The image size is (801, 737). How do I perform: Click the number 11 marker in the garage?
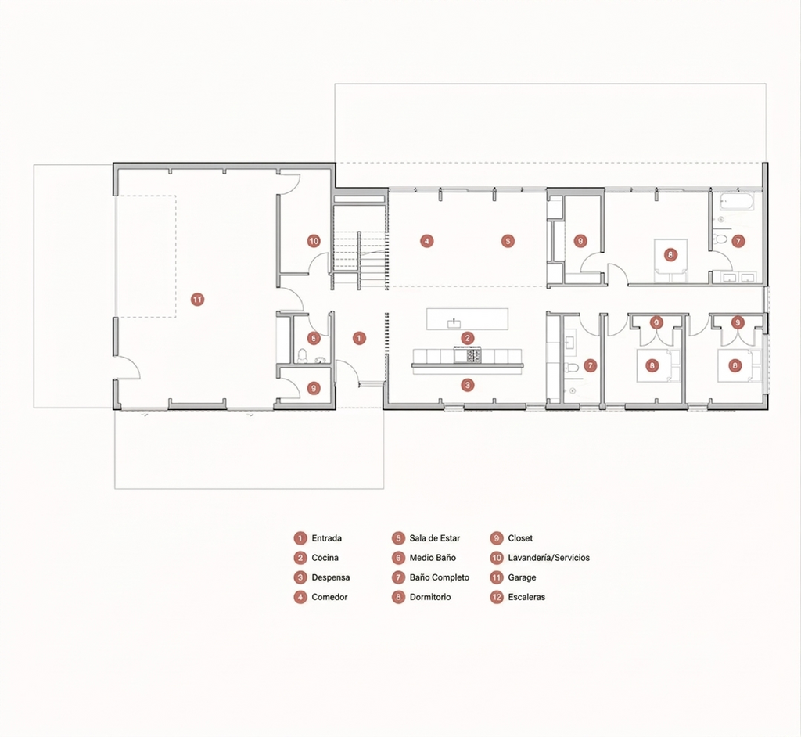tap(197, 300)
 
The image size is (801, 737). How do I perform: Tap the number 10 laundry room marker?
tap(314, 241)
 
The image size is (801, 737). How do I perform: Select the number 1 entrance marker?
tap(359, 338)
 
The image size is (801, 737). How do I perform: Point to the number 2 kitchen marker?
tap(468, 338)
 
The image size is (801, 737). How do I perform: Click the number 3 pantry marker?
tap(468, 385)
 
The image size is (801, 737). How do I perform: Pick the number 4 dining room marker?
tap(426, 241)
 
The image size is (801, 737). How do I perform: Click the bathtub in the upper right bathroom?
tap(736, 203)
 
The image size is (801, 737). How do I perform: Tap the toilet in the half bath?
tap(302, 356)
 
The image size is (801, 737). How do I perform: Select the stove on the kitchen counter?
tap(468, 354)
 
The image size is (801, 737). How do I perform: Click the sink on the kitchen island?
tap(454, 323)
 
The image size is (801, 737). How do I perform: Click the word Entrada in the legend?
tap(326, 538)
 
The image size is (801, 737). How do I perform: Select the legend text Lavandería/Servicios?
tap(548, 558)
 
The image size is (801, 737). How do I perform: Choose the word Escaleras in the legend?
tap(526, 597)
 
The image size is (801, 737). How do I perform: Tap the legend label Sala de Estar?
tap(435, 538)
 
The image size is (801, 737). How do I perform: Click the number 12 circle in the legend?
tap(497, 597)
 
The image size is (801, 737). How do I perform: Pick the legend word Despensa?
tap(331, 577)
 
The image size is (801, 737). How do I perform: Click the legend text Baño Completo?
tap(440, 577)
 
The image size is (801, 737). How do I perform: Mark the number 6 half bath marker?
tap(314, 338)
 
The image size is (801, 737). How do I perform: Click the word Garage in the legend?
tap(522, 577)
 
